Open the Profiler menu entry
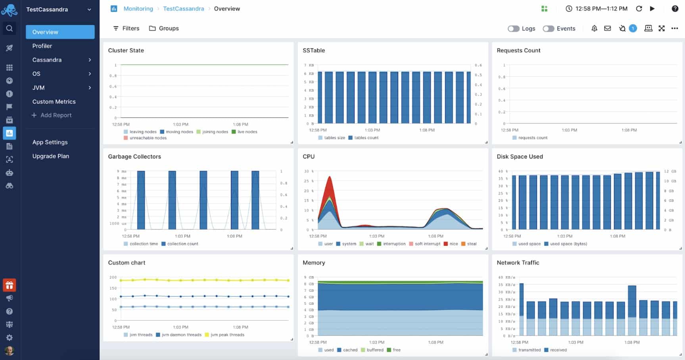click(x=42, y=46)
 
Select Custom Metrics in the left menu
click(x=54, y=102)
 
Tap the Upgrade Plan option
click(x=51, y=156)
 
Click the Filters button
click(x=126, y=28)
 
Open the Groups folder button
click(x=164, y=28)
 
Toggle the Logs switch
click(x=514, y=29)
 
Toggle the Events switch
click(x=549, y=29)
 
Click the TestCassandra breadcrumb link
click(x=183, y=9)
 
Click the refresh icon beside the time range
click(x=639, y=9)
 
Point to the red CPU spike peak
click(x=330, y=177)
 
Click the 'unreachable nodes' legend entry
click(x=148, y=138)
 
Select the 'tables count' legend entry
click(x=366, y=138)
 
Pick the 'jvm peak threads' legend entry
click(x=227, y=335)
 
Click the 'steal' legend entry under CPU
click(x=471, y=244)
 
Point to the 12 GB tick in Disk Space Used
click(x=670, y=171)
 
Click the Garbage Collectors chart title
click(x=134, y=156)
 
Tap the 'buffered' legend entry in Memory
click(x=374, y=350)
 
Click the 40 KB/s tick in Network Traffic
click(x=506, y=277)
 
